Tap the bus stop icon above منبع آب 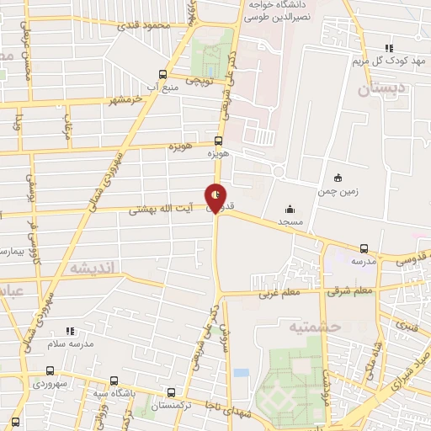164,73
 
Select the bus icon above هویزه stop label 219,141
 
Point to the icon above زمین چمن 338,178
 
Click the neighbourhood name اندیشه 96,268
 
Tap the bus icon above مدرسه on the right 364,248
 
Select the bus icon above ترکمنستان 172,393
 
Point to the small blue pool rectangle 242,371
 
